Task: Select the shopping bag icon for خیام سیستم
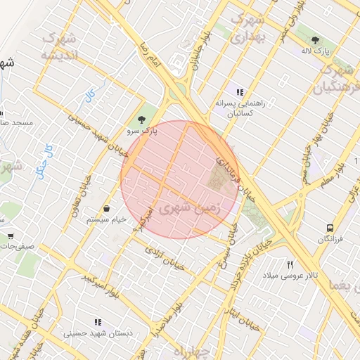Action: (106, 208)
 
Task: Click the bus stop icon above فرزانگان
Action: (330, 229)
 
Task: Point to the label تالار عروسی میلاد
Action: (290, 275)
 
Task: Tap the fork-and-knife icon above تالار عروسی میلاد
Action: (290, 264)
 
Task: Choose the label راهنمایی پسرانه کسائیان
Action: (240, 103)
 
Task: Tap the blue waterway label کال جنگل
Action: (44, 160)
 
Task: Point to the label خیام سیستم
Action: (106, 219)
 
